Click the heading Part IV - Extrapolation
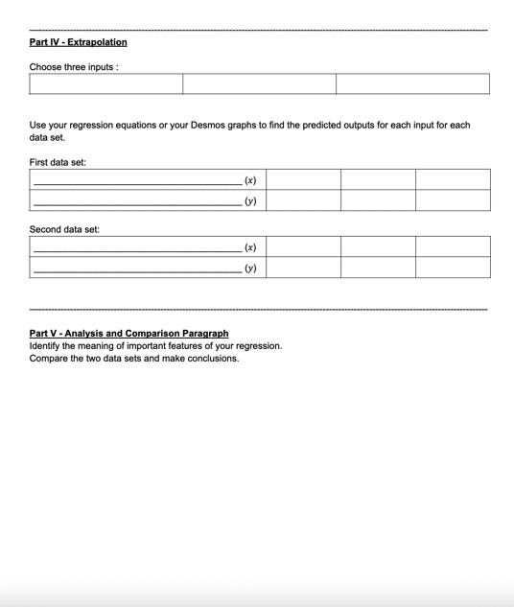78,42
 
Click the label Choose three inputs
74,67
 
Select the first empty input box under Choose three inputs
105,84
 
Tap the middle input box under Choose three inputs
259,84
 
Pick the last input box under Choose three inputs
412,84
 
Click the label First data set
58,162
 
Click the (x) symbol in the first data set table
250,180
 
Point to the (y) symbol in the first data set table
250,201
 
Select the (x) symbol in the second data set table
250,247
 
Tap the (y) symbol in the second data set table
250,268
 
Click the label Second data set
64,229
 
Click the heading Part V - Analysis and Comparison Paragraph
128,334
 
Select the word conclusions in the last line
213,359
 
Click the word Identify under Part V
47,346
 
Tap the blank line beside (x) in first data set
134,182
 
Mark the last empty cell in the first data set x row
453,179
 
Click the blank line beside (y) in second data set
134,271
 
